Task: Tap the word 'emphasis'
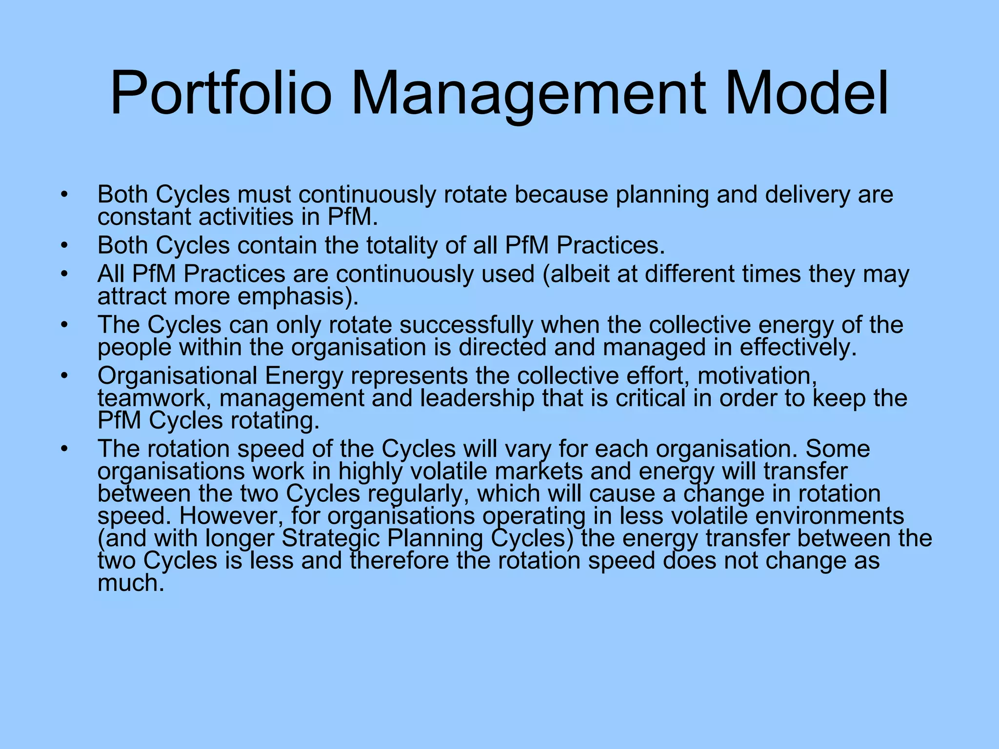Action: (x=305, y=296)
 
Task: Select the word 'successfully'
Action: (x=466, y=325)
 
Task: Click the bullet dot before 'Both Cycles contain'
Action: (x=64, y=246)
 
